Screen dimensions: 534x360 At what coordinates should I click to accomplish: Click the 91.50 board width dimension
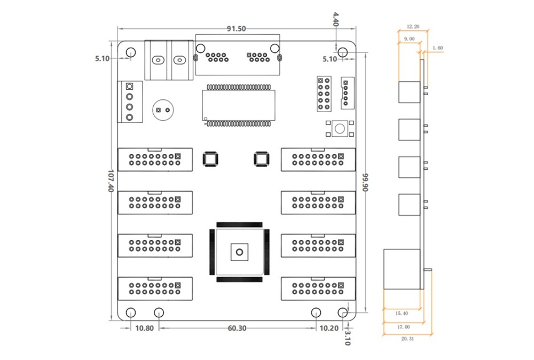click(237, 29)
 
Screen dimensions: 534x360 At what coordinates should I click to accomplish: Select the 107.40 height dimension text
click(111, 181)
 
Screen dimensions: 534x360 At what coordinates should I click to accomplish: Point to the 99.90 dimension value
click(365, 182)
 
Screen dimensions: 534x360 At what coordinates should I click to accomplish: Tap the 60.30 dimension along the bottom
click(237, 328)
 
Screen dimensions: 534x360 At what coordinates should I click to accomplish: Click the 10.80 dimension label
click(144, 328)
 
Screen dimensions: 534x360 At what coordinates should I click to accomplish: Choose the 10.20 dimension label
click(329, 328)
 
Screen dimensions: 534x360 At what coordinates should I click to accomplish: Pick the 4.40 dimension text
click(336, 19)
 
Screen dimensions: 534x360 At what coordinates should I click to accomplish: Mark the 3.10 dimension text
click(348, 338)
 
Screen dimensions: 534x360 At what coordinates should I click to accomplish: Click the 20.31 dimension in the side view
click(407, 339)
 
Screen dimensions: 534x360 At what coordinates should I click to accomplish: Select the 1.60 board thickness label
click(438, 48)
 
